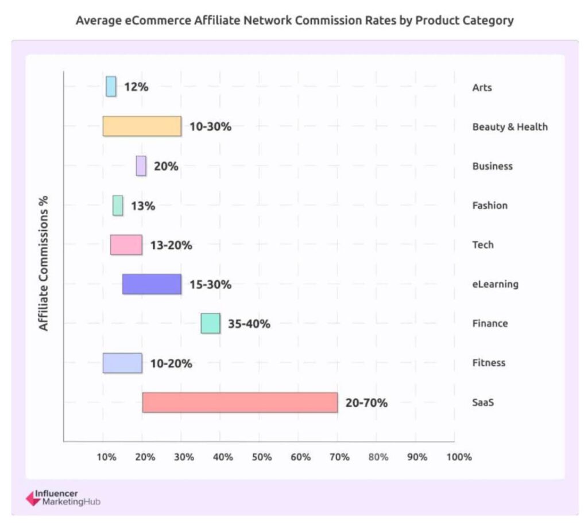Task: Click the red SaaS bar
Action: pos(239,402)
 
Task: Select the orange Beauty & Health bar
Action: pos(142,126)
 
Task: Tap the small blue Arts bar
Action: pos(111,87)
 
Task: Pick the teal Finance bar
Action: pos(210,323)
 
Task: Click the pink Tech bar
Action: pos(126,245)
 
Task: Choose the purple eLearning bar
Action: pos(152,284)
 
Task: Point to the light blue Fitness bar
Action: pos(122,363)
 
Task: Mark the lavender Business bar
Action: pos(141,166)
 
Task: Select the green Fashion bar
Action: pos(118,206)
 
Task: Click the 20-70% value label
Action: pos(366,403)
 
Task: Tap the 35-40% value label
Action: pos(249,324)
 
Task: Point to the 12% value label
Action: pos(136,87)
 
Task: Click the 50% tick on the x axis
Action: pos(262,457)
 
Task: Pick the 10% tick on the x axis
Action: pos(106,457)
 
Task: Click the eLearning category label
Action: pos(495,284)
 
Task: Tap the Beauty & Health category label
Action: pos(510,127)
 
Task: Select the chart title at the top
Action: pos(295,21)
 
